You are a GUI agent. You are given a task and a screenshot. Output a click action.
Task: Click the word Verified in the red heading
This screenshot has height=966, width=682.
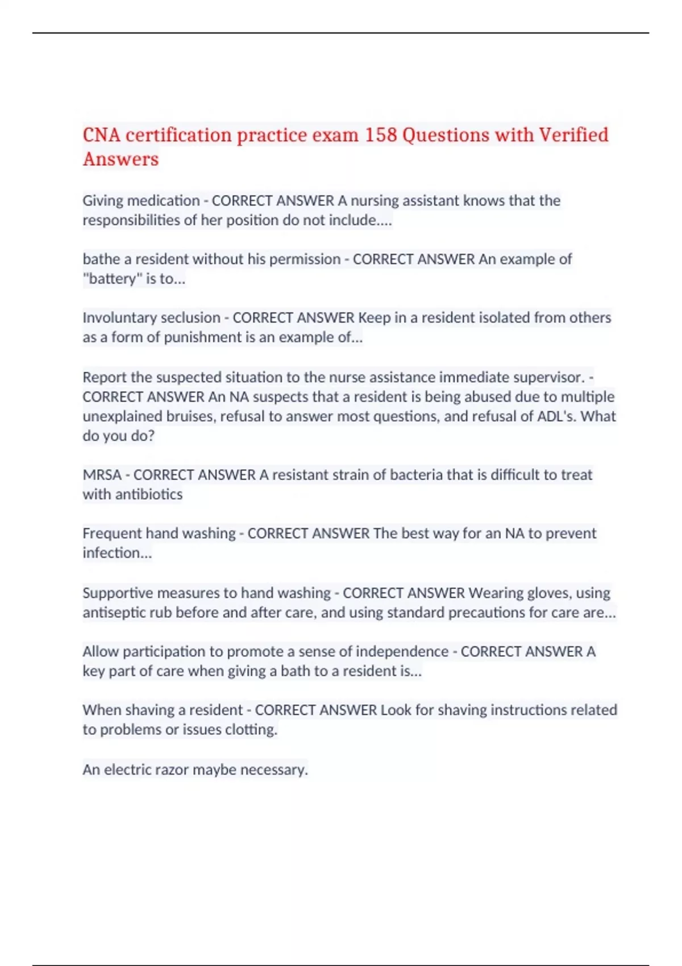573,135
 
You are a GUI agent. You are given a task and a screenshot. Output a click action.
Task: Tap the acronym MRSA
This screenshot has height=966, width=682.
102,475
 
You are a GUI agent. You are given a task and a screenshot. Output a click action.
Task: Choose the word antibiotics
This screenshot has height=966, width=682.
149,494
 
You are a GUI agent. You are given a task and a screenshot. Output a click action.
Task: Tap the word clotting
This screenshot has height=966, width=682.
251,730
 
